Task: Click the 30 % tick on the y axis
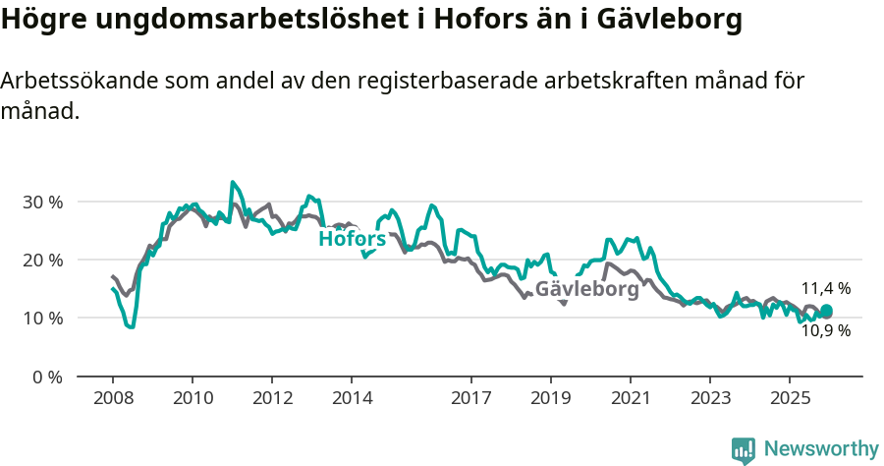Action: [x=42, y=202]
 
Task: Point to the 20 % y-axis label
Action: [x=42, y=260]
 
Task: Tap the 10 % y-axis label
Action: [x=42, y=318]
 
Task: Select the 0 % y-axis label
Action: [x=46, y=377]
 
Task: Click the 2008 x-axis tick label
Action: [x=112, y=399]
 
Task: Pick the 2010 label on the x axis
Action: [x=192, y=399]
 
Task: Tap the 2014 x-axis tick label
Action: [x=352, y=399]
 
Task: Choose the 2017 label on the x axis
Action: [x=470, y=399]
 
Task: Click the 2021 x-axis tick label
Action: [x=630, y=399]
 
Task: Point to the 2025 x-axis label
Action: [x=789, y=399]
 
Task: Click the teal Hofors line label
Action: [x=352, y=238]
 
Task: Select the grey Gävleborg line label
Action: [x=586, y=289]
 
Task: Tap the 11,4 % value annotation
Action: [x=825, y=288]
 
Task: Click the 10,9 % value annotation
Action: [x=825, y=331]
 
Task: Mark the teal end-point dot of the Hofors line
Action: [x=826, y=311]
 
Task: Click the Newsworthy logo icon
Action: [x=744, y=449]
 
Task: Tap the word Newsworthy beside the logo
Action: [x=821, y=448]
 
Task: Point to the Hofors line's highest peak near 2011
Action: [x=233, y=182]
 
